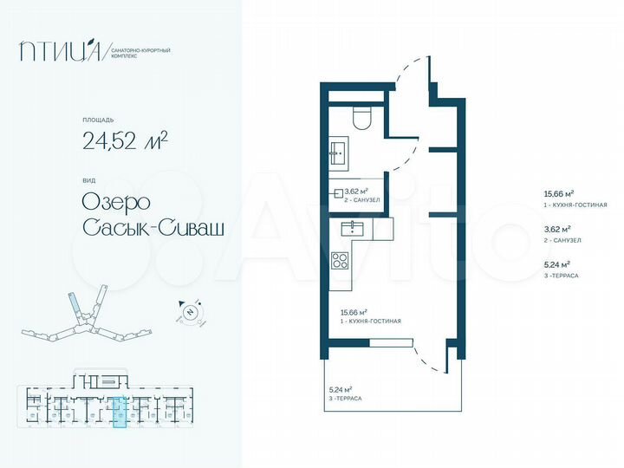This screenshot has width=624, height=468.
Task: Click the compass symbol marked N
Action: click(x=187, y=312)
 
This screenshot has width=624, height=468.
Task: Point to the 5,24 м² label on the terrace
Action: click(x=341, y=390)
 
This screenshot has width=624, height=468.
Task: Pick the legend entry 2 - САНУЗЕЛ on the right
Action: click(x=561, y=240)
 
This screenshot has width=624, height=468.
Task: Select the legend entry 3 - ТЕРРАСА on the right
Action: click(x=560, y=275)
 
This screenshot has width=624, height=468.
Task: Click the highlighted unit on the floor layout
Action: click(x=121, y=413)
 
